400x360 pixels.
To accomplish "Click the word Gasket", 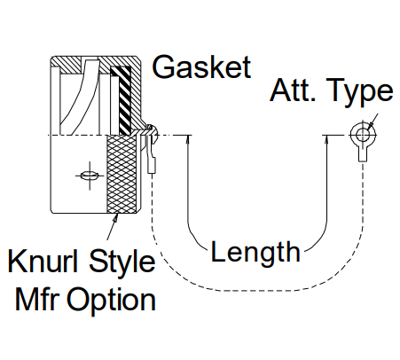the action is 201,67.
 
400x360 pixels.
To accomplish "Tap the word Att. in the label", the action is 293,90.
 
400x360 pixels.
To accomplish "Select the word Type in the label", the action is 360,92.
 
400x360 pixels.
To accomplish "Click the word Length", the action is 255,253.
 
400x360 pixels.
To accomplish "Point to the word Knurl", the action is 43,261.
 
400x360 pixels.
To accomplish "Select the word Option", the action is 112,301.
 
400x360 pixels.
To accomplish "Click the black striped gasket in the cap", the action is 124,100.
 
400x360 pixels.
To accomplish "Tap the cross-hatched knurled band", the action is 122,174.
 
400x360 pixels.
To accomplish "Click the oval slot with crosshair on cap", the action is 90,176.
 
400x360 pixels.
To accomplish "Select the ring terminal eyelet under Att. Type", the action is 363,135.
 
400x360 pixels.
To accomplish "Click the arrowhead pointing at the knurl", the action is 116,217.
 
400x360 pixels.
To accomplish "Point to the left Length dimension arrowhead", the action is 187,139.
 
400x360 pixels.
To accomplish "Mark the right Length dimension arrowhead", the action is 326,139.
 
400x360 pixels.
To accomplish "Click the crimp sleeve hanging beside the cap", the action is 152,166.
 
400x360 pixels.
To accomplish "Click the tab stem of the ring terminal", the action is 363,154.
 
